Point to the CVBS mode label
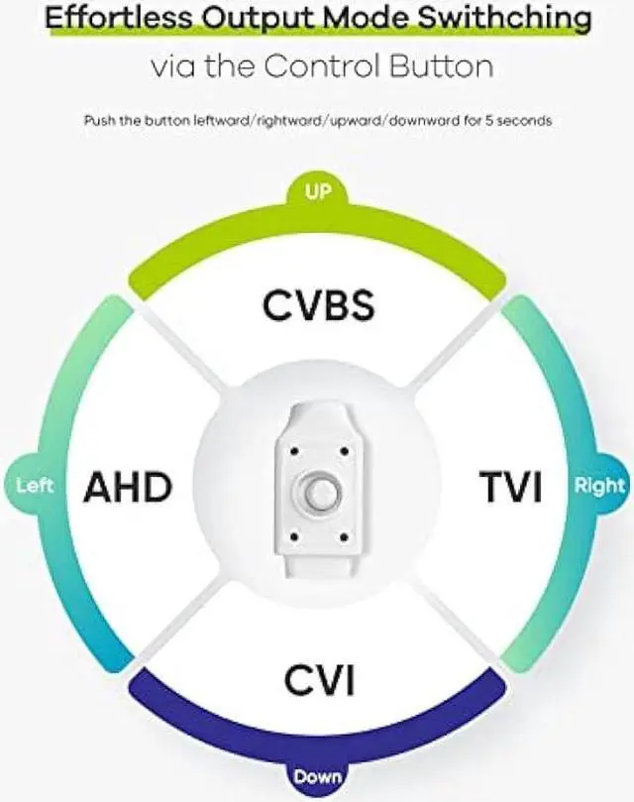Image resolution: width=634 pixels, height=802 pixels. (x=318, y=304)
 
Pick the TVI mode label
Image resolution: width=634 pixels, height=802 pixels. (x=511, y=487)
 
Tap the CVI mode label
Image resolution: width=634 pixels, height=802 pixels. (x=319, y=681)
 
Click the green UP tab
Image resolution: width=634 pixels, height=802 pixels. (x=318, y=191)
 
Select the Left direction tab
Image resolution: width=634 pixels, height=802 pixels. (x=35, y=486)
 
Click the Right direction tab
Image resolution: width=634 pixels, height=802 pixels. (x=599, y=486)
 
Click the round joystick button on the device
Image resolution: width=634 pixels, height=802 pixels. (x=319, y=494)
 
